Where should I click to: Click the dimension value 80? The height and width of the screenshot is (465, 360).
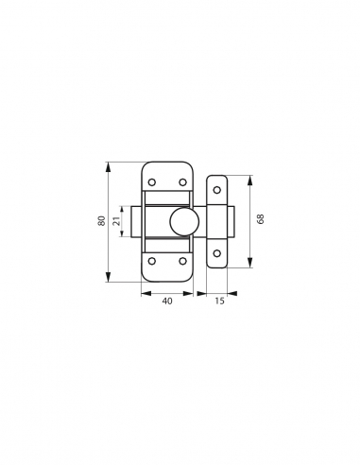coord(101,221)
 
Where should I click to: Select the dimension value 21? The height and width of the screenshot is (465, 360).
coord(117,221)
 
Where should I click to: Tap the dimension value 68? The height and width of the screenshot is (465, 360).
coord(261,219)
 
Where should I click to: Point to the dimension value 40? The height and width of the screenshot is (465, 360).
coord(167,301)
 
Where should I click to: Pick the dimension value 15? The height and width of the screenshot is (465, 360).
coord(219,301)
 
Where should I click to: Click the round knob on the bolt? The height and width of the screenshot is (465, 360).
coord(184,221)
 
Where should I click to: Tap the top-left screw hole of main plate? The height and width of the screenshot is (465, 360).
coord(152,182)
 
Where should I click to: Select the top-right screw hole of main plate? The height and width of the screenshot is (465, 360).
coord(182,182)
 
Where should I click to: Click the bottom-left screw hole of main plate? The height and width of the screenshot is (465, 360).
coord(152,261)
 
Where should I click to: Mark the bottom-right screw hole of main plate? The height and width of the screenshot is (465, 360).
coord(182,261)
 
